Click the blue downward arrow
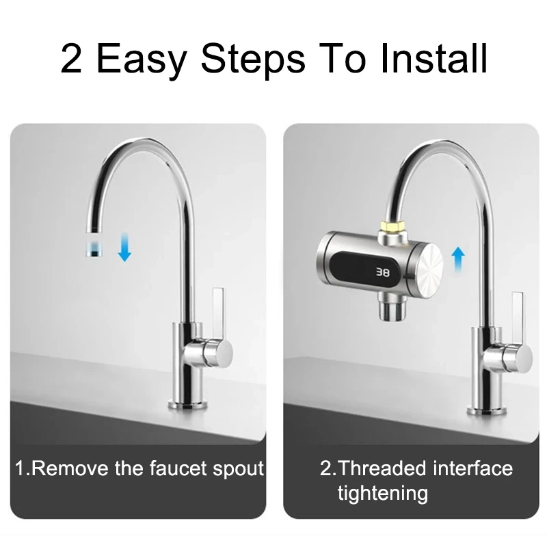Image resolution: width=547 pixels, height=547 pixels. [124, 248]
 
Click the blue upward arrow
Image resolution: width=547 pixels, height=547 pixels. [457, 261]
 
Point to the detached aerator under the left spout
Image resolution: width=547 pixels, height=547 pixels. [93, 248]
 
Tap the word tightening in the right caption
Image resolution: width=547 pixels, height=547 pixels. [382, 493]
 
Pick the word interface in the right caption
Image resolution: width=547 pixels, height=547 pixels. [472, 468]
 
